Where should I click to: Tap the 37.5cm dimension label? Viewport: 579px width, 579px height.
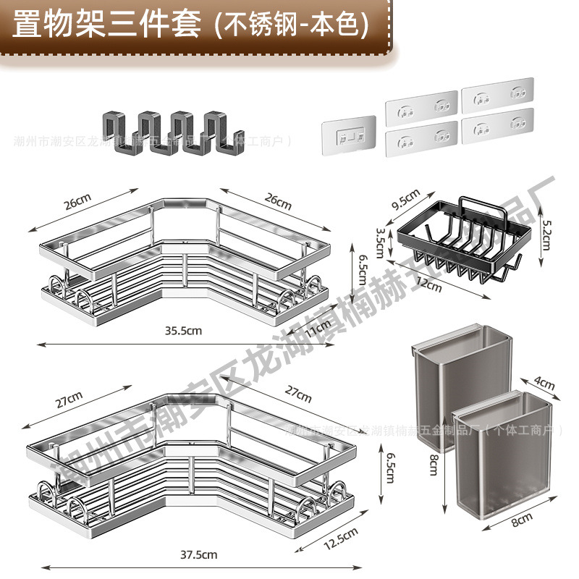200,554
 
